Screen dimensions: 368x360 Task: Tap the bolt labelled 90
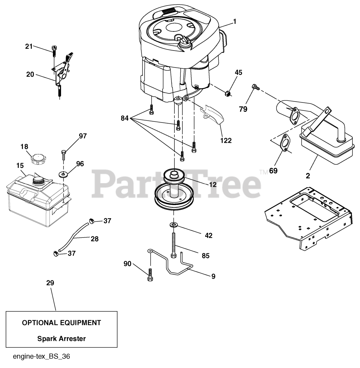(x=151, y=274)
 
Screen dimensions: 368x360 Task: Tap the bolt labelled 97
(x=64, y=155)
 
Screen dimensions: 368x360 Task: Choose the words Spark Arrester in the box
(x=62, y=338)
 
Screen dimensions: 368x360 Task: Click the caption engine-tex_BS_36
(x=41, y=357)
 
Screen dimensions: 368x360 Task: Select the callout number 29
(x=50, y=283)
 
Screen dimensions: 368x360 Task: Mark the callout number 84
(x=125, y=118)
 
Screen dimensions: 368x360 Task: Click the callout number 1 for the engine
(x=235, y=21)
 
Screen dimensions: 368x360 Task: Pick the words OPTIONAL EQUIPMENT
(x=62, y=323)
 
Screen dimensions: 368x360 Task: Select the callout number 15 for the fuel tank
(x=20, y=166)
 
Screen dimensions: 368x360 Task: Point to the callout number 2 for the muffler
(x=308, y=176)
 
